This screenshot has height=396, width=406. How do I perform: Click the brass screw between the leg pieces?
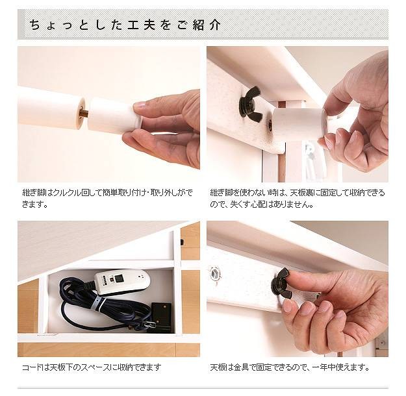pos(84,113)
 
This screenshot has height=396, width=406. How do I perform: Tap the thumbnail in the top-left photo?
pos(139,105)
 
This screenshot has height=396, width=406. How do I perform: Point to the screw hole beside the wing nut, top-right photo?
pos(270,125)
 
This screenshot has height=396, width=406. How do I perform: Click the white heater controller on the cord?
pos(121,282)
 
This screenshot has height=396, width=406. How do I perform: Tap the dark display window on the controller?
pos(120,278)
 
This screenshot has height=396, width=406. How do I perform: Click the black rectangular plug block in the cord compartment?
pos(161,314)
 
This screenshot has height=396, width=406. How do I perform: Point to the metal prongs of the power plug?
pos(149,324)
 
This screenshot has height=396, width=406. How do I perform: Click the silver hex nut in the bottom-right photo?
pos(214,273)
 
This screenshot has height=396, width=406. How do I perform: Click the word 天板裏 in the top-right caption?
pos(303,193)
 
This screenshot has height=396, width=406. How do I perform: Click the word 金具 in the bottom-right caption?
pos(242,367)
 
